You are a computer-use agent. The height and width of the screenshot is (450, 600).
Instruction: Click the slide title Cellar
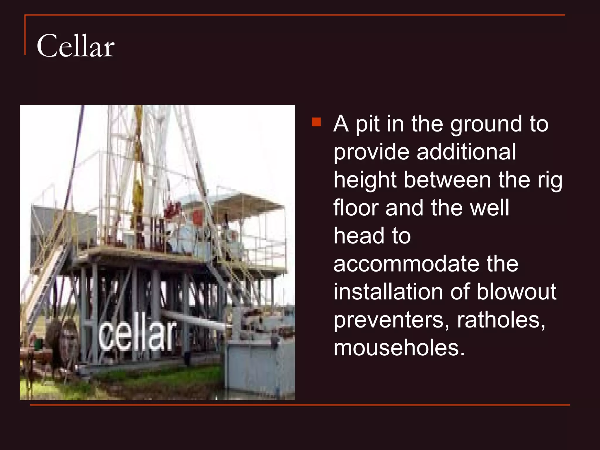75,46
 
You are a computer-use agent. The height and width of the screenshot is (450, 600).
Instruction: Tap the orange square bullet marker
316,122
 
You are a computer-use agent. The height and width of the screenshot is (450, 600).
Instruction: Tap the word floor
356,208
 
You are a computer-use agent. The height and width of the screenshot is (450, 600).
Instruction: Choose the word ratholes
501,320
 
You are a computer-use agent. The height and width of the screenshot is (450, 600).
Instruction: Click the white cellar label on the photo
138,334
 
